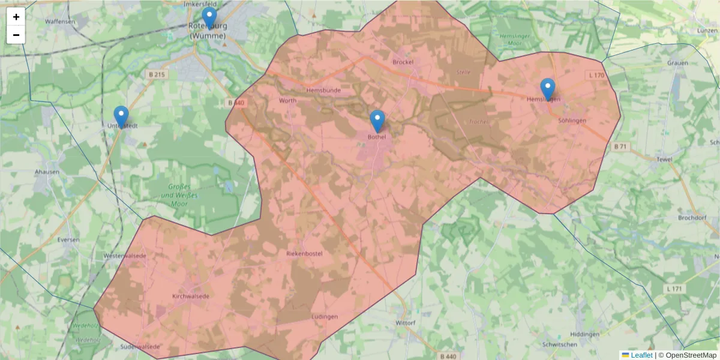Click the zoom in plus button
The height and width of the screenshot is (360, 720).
[16, 17]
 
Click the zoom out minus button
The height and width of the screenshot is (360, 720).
[16, 35]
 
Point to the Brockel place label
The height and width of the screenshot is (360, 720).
[403, 62]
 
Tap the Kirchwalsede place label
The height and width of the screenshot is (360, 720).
[190, 296]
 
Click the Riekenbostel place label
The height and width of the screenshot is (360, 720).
[305, 254]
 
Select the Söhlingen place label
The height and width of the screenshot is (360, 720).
[572, 121]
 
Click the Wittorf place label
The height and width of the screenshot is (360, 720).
[406, 323]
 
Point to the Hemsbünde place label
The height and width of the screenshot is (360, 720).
[323, 91]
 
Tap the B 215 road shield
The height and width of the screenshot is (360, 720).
[155, 74]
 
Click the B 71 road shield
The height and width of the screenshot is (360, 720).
[620, 146]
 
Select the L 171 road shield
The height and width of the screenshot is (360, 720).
[675, 289]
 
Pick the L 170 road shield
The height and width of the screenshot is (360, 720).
[597, 75]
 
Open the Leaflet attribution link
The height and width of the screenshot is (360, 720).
[641, 355]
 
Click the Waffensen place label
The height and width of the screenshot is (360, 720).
[61, 22]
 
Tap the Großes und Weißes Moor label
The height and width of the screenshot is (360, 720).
[183, 196]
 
